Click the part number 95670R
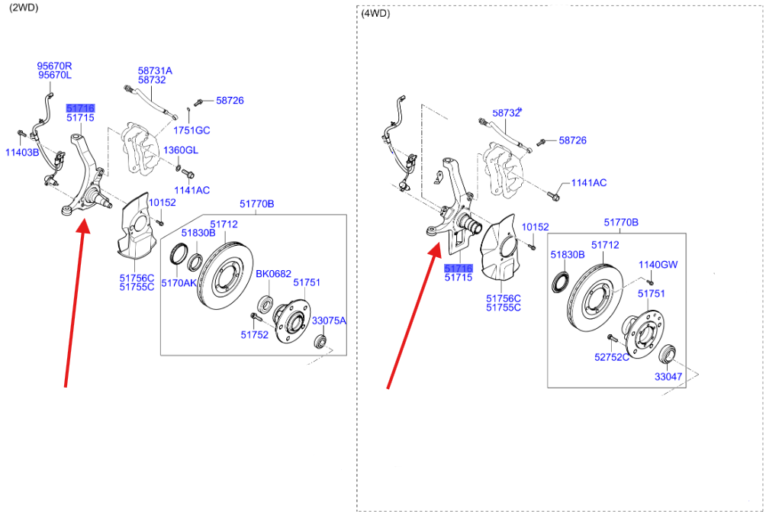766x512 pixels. tap(54, 66)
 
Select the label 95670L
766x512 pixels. tap(54, 76)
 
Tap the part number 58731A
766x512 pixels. tap(155, 70)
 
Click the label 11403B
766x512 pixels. tap(21, 153)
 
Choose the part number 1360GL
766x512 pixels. tap(180, 150)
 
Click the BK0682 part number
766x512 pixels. tap(273, 273)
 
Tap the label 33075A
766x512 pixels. tap(329, 321)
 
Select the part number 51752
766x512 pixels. tap(255, 334)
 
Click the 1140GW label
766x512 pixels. tap(658, 265)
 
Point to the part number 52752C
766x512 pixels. tap(612, 356)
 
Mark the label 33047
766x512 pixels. tap(668, 376)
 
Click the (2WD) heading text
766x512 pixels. tap(23, 8)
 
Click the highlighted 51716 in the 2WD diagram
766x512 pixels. tap(80, 108)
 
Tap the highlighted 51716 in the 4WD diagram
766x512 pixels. tap(459, 269)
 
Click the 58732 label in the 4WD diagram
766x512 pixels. tap(506, 113)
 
